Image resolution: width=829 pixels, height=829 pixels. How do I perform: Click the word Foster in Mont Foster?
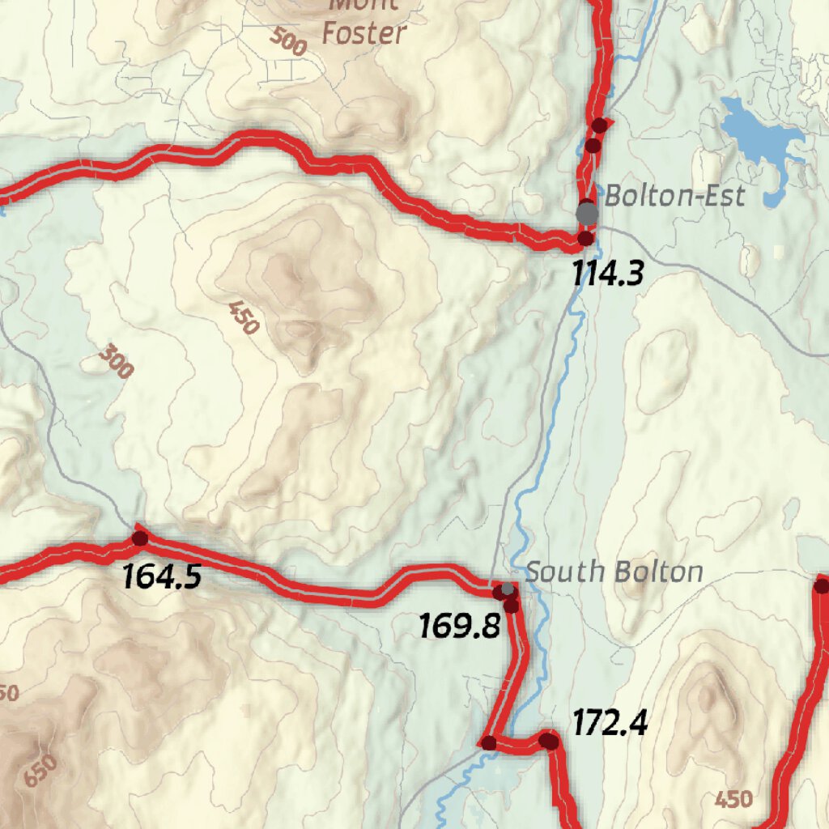point(363,33)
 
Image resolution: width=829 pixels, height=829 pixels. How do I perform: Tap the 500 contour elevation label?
point(288,41)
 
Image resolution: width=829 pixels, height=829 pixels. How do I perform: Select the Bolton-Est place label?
point(674,196)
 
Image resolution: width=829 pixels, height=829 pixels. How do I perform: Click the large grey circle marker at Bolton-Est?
point(588,213)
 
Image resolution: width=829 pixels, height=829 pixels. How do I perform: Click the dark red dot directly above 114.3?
point(585,238)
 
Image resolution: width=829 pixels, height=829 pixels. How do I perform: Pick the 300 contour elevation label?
point(116,361)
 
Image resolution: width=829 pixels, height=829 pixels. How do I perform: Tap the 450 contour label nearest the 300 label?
point(243,318)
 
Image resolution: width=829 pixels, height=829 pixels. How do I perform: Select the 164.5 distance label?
point(161,577)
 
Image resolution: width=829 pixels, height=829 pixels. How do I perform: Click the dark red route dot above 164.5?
point(140,538)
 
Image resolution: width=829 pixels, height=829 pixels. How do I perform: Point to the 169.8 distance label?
point(459,626)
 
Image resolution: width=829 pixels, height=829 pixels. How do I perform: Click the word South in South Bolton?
point(565,572)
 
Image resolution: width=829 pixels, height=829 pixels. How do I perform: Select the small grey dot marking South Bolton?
point(508,588)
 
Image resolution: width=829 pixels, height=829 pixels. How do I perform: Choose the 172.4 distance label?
point(610,723)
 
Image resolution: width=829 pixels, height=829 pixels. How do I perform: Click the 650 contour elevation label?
point(40,770)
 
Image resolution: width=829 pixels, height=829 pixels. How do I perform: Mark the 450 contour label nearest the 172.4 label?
point(733,799)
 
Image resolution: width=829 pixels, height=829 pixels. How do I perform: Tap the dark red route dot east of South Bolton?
point(822,585)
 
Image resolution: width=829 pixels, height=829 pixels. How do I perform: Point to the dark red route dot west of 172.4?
point(489,742)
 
